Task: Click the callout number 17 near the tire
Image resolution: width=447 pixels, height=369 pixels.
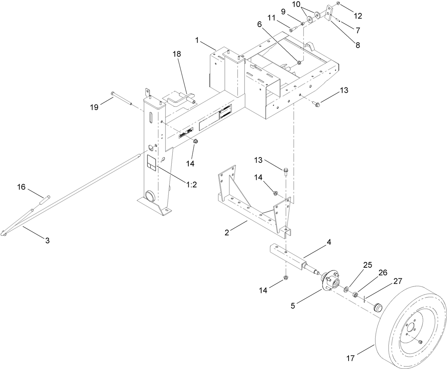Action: coord(350,358)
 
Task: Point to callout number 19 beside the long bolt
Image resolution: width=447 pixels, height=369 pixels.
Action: coord(94,107)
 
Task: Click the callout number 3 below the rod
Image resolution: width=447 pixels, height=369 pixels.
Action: coord(47,241)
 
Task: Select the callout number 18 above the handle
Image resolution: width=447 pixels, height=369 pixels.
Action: coord(177,54)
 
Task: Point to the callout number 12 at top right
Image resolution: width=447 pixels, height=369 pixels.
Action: coord(358,16)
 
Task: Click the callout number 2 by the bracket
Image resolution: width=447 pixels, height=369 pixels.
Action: coord(227,233)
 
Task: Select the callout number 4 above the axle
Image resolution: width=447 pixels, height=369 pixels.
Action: coord(329,242)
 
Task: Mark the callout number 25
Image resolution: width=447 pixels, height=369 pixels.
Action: coord(367,265)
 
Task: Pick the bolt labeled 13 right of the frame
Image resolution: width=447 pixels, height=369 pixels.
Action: coord(317,104)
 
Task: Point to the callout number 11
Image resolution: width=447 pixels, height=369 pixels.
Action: coord(281,17)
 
